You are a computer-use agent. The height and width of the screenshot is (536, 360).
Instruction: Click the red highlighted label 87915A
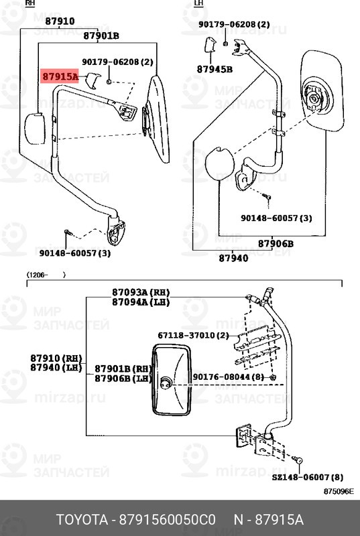coord(60,76)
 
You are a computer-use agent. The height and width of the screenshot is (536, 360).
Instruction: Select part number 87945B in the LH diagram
coord(215,70)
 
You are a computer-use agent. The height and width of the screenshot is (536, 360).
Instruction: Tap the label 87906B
coord(276,244)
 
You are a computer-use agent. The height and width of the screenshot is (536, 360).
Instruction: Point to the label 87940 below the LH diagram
coord(233,258)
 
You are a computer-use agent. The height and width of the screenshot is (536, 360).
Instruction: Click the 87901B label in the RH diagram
coord(101,36)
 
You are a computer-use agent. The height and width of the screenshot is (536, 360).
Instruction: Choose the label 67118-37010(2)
coord(193,336)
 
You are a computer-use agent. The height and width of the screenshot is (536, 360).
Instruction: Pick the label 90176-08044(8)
coord(229,377)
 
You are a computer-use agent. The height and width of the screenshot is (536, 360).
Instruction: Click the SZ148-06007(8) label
coord(308,477)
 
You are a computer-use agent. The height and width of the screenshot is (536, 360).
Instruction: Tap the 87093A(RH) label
coord(141,293)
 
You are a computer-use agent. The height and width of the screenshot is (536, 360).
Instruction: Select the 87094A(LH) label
coord(141,302)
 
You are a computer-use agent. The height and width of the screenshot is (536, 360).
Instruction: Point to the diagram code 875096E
coord(339,492)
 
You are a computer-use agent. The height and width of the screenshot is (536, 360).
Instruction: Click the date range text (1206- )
coord(46,275)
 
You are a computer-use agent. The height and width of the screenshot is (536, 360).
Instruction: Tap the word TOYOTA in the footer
coord(82,520)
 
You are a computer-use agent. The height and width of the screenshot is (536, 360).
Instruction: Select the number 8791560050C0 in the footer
coord(167,520)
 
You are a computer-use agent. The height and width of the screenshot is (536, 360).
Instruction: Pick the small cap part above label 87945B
coord(210,45)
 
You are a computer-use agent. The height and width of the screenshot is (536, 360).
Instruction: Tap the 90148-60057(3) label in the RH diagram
coord(75,253)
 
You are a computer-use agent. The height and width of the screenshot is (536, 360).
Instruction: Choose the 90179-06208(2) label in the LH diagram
coord(234,24)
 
